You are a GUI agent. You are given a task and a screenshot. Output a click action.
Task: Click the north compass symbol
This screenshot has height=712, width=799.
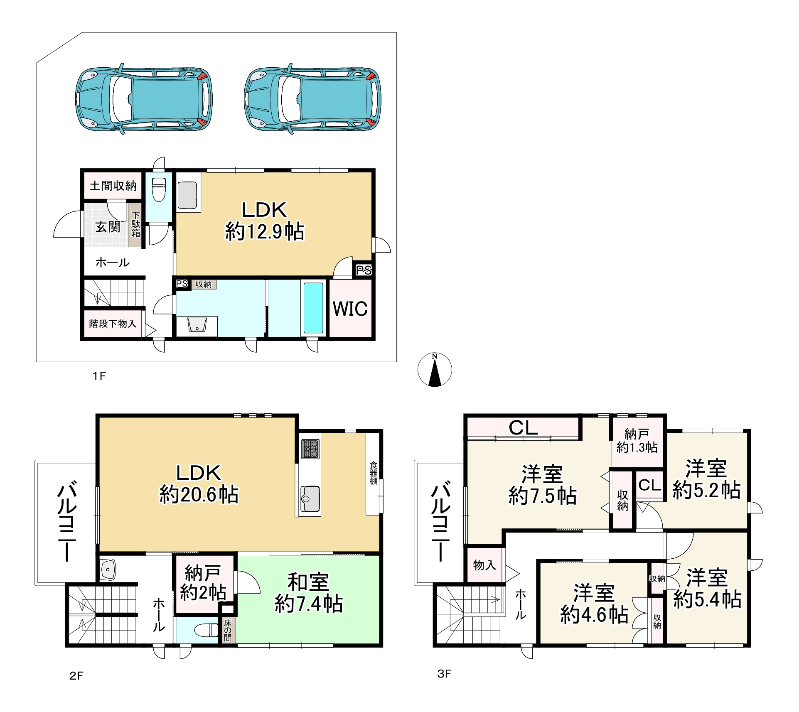pos(435,369)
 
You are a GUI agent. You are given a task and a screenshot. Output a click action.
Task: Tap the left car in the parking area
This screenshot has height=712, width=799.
pos(144,99)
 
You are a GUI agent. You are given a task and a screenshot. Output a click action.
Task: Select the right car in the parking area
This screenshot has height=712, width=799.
pos(312,99)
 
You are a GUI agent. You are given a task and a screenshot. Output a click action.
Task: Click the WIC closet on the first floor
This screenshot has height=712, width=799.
pos(350,308)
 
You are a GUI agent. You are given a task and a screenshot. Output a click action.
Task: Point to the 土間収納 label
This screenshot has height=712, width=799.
pos(113,186)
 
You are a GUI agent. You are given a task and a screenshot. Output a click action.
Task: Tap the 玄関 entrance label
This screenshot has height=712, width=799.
pos(108,227)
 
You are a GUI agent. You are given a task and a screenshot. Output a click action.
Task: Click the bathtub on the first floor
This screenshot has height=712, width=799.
pos(313,308)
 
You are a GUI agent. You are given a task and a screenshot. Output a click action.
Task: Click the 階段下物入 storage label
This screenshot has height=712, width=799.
pos(113,323)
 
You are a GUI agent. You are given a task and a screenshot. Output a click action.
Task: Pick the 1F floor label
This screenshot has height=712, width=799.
pos(99,376)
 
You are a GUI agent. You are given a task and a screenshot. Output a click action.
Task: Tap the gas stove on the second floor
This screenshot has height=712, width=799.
pos(310,449)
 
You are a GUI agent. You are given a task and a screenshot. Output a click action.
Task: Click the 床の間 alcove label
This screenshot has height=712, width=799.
pos(228,630)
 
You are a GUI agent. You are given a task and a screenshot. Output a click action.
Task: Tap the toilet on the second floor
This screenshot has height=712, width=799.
pos(207,630)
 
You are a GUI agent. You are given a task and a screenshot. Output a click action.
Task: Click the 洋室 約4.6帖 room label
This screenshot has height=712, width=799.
pos(594,604)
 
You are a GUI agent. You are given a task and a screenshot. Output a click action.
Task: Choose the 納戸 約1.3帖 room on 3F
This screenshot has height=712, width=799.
pos(637,441)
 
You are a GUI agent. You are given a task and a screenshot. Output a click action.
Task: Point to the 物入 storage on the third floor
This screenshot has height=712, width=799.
pos(484,565)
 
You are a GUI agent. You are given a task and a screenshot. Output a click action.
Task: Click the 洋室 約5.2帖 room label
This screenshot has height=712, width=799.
pos(706,479)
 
